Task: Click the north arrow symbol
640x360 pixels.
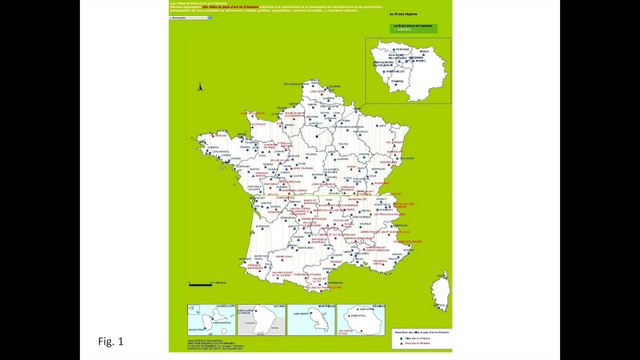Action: tap(200, 89)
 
